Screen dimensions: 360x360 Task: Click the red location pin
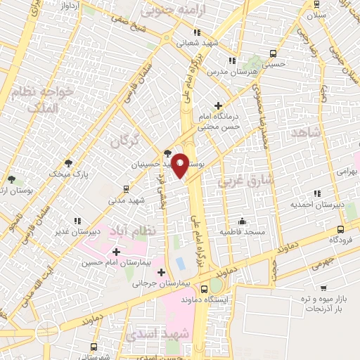click(181, 165)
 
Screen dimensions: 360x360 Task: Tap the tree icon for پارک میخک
click(68, 162)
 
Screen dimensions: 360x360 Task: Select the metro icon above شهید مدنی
click(125, 188)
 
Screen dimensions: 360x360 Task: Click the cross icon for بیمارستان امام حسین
click(116, 252)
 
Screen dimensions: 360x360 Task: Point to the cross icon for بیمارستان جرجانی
click(162, 272)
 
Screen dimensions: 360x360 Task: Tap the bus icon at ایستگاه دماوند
click(204, 288)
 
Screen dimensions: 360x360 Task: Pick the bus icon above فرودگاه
click(341, 229)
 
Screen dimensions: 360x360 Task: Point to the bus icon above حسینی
click(272, 53)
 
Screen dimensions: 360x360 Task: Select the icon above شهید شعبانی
click(198, 32)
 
